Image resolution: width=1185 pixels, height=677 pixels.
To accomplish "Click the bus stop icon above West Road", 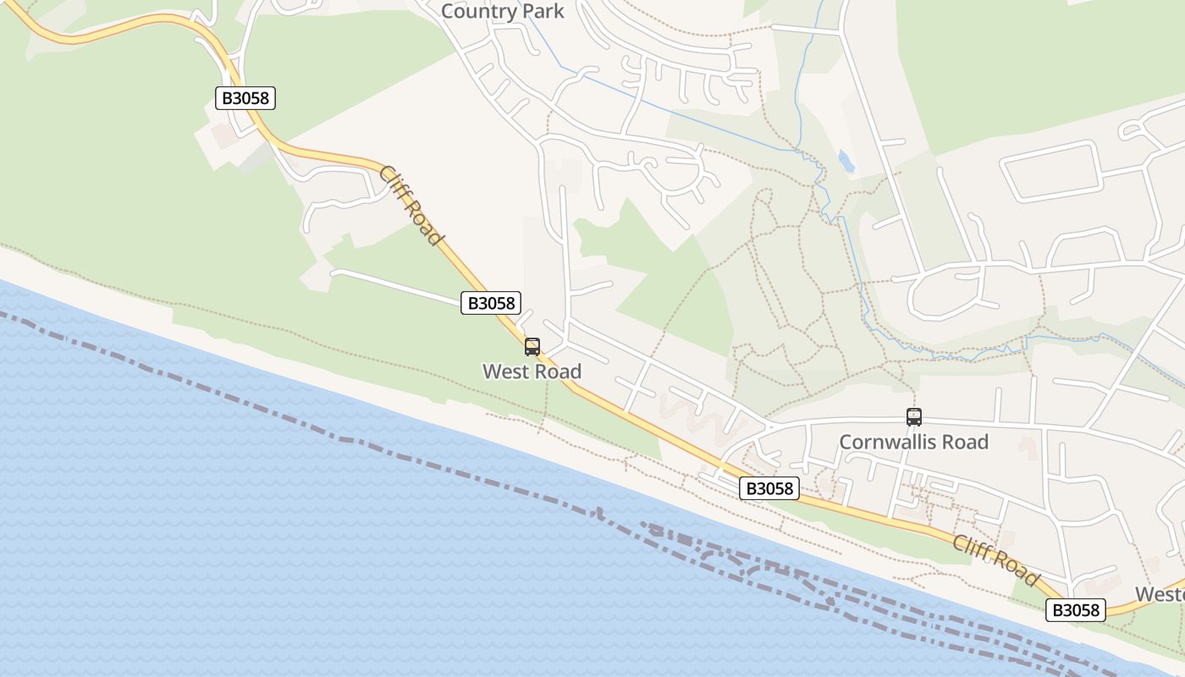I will pos(532,346).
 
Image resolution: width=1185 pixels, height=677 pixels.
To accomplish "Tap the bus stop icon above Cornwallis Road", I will pos(914,416).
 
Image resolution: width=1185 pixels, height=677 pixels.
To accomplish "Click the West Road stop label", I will pos(532,372).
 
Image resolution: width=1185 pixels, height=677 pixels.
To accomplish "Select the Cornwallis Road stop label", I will pos(913,442).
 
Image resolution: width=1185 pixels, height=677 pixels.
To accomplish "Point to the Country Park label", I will pos(502,12).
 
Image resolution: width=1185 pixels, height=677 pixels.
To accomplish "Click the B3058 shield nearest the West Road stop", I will pos(491,303).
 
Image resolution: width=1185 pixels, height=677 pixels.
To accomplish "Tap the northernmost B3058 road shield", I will pos(245,98).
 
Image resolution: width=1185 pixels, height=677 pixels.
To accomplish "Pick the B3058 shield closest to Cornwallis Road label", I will pos(769,488).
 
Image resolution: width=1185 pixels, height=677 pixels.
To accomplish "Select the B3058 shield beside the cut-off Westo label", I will pos(1076,610).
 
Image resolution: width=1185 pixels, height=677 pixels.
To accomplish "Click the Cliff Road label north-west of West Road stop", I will pos(411,206).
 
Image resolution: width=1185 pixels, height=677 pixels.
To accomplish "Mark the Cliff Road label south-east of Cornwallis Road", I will pos(995,560).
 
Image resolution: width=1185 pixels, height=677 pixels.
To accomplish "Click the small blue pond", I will pos(845,160).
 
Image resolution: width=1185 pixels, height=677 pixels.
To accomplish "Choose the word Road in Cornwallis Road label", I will pos(966,442).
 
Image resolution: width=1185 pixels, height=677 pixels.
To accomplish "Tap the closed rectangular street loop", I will pos(1051,171).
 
